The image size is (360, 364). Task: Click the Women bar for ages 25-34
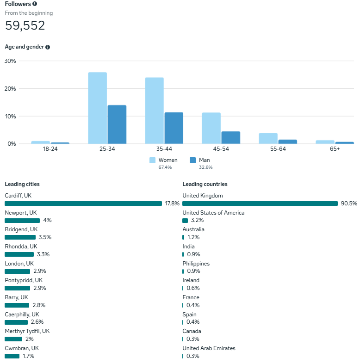coord(97,108)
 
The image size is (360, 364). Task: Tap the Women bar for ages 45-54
coord(211,128)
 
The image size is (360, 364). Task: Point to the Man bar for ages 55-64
coord(287,142)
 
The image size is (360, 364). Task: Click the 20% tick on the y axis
coord(10,88)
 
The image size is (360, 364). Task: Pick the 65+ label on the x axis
coord(335,149)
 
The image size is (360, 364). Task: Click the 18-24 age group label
coord(50,149)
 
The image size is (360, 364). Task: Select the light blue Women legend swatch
coord(152,160)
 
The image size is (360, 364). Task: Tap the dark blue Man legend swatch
coord(192,160)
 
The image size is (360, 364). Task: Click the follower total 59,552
coord(25,25)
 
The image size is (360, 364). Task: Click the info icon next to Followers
coord(35,4)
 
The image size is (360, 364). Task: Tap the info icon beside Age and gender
coord(48,47)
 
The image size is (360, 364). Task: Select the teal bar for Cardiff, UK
coord(83,204)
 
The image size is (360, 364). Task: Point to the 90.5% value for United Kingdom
coord(349,204)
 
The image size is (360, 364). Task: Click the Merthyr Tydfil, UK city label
coord(27,331)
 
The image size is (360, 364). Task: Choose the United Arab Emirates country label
coord(209,348)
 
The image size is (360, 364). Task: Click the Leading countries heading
coord(205,184)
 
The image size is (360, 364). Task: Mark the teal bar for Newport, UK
coord(22,221)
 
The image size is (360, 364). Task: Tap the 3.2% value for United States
coord(197,221)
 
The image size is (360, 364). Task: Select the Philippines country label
coord(196,264)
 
